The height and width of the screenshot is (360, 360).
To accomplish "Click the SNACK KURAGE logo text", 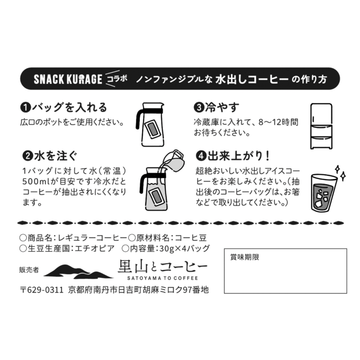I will coord(68,79).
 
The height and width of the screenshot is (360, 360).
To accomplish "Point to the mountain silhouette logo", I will coord(78,272).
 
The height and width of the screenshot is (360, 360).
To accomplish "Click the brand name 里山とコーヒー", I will coord(163,267).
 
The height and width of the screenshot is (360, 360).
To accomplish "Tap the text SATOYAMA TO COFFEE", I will coord(162,278).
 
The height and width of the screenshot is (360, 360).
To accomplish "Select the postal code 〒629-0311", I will coord(42,289).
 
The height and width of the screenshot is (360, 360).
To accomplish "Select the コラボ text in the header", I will coord(118,79).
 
